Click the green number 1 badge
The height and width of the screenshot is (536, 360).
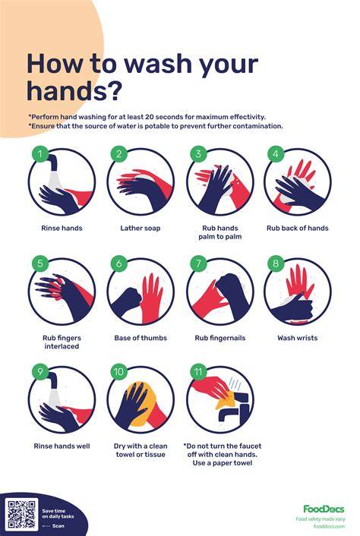coord(40,154)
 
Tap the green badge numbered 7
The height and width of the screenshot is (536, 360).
coord(199,263)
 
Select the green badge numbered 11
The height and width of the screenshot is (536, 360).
coord(199,372)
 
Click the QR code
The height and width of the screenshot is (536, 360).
coord(21,514)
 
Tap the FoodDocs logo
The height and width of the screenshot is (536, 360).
coord(324,509)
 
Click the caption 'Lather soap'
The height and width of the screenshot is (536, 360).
coord(141,228)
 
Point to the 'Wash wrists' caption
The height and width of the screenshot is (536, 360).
coord(298,338)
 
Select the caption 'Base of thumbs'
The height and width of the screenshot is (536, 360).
coord(141,338)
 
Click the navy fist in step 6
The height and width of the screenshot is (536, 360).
coord(127,300)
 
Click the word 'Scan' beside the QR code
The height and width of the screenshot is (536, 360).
coord(58,525)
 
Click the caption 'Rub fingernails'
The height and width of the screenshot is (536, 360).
coord(220,338)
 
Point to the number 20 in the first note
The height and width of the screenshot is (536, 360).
coord(150,117)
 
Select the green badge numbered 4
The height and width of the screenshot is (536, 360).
coord(276,154)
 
